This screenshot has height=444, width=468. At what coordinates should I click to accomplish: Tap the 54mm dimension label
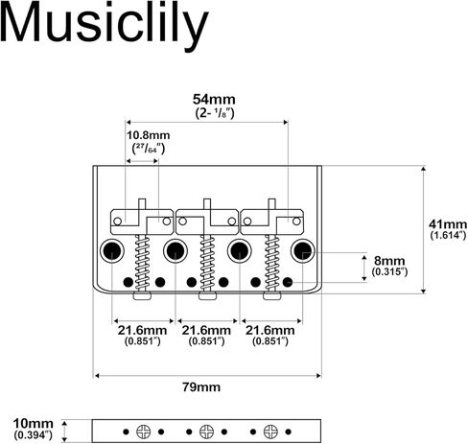(x=214, y=100)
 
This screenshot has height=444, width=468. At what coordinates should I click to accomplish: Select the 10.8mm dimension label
(x=149, y=135)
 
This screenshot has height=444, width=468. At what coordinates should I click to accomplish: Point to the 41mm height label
(x=448, y=224)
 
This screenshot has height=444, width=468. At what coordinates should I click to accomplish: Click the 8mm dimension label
(x=389, y=261)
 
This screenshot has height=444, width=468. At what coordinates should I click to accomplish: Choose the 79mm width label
(x=201, y=387)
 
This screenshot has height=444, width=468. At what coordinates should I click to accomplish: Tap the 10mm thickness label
(x=33, y=424)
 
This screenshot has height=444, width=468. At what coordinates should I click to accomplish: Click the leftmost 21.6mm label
(x=142, y=330)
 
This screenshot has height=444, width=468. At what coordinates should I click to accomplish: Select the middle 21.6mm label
(x=206, y=330)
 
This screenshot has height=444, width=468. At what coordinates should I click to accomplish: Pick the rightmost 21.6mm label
(x=270, y=330)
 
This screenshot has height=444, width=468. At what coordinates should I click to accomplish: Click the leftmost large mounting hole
(x=111, y=250)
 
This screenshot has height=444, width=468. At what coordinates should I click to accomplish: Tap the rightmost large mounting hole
(x=302, y=250)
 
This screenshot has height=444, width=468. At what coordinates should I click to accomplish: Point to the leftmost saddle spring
(x=142, y=263)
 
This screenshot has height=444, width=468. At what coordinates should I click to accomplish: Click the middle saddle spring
(x=207, y=263)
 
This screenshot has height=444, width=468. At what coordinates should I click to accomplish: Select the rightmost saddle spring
(x=271, y=263)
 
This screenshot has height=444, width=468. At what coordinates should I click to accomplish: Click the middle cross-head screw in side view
(x=206, y=432)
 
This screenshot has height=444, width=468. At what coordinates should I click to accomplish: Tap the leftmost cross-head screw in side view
(x=143, y=432)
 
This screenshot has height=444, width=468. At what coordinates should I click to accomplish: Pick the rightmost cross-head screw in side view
(x=270, y=432)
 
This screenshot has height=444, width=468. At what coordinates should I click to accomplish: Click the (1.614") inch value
(x=448, y=236)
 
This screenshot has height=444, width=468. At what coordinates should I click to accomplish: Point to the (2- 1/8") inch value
(x=215, y=113)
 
